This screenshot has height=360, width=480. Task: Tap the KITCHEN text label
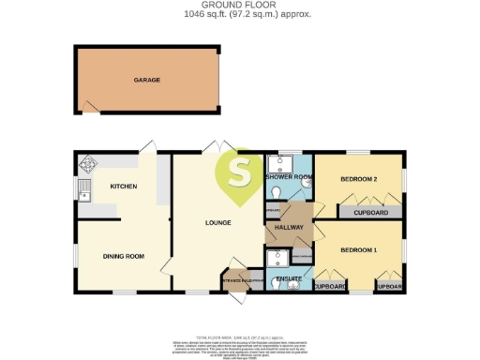pyautogui.click(x=124, y=187)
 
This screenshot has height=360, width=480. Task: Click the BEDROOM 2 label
pyautogui.click(x=358, y=178)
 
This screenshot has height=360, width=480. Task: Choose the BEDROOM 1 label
pyautogui.click(x=358, y=250)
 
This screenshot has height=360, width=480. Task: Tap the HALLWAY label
pyautogui.click(x=287, y=228)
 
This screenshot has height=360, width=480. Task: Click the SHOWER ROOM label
pyautogui.click(x=288, y=177)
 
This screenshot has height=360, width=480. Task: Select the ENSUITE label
pyautogui.click(x=289, y=278)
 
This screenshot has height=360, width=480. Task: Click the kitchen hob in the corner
pyautogui.click(x=88, y=164)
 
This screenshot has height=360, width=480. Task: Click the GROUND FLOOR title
pyautogui.click(x=239, y=6)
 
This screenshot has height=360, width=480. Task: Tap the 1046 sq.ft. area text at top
pyautogui.click(x=239, y=15)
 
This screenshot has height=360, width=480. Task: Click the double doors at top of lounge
pyautogui.click(x=216, y=147)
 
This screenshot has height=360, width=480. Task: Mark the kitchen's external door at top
pyautogui.click(x=144, y=147)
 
